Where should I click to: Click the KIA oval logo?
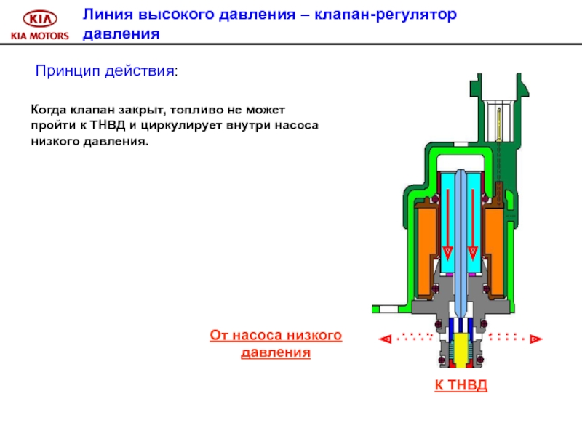click(38, 19)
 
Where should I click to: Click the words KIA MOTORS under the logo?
click(38, 36)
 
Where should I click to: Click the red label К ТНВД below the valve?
click(461, 384)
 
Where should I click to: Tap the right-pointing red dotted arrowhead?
click(535, 338)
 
